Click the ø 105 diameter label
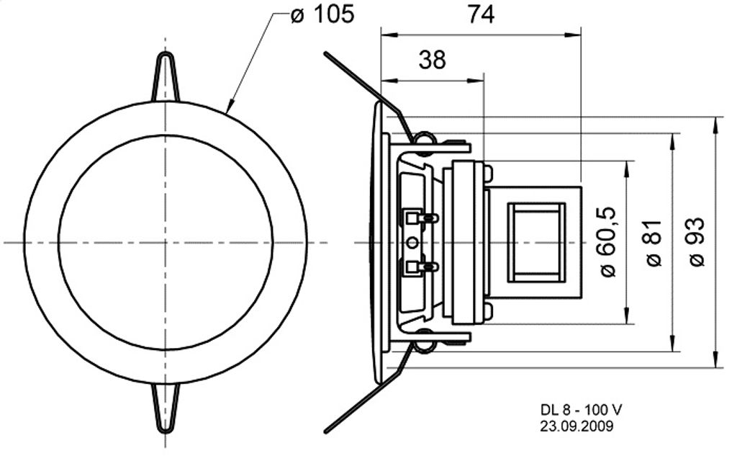pos(322,14)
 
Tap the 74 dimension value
pos(481,14)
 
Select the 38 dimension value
pos(432,61)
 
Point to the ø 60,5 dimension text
pos(607,242)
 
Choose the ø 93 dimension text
pos(697,242)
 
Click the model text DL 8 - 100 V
pos(581,410)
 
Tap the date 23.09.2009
pos(577,426)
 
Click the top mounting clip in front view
pos(166,76)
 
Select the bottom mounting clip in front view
pos(166,408)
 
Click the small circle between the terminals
pos(412,243)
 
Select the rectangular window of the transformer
pos(536,242)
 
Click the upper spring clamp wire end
pos(325,53)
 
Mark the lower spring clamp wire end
pos(326,431)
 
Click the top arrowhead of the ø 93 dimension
pos(716,124)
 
